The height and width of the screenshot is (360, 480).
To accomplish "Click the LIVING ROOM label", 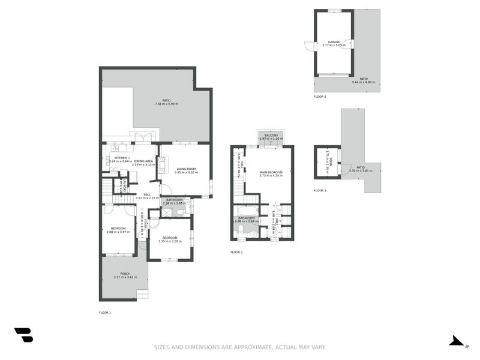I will (186, 169).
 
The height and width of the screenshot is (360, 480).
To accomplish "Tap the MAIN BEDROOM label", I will (270, 172).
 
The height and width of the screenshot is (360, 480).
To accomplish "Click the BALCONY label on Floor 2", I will (271, 136).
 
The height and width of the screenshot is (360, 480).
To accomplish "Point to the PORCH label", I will (125, 274).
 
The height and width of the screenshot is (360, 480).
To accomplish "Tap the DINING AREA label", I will (143, 161).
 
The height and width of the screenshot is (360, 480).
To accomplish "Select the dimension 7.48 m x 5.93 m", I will (166, 104).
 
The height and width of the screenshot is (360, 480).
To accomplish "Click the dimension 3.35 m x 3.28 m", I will (169, 241).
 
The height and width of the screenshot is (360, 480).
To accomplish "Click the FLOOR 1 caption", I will (105, 313).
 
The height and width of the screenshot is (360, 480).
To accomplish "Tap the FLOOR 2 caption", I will (236, 252).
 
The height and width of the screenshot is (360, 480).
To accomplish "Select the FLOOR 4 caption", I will (320, 97).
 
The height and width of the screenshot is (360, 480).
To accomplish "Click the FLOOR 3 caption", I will (320, 190).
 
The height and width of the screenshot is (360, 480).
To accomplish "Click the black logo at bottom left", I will (23, 335).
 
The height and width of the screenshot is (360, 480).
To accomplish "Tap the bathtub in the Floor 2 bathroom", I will (247, 211).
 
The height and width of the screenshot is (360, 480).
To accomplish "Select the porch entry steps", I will (142, 294).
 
